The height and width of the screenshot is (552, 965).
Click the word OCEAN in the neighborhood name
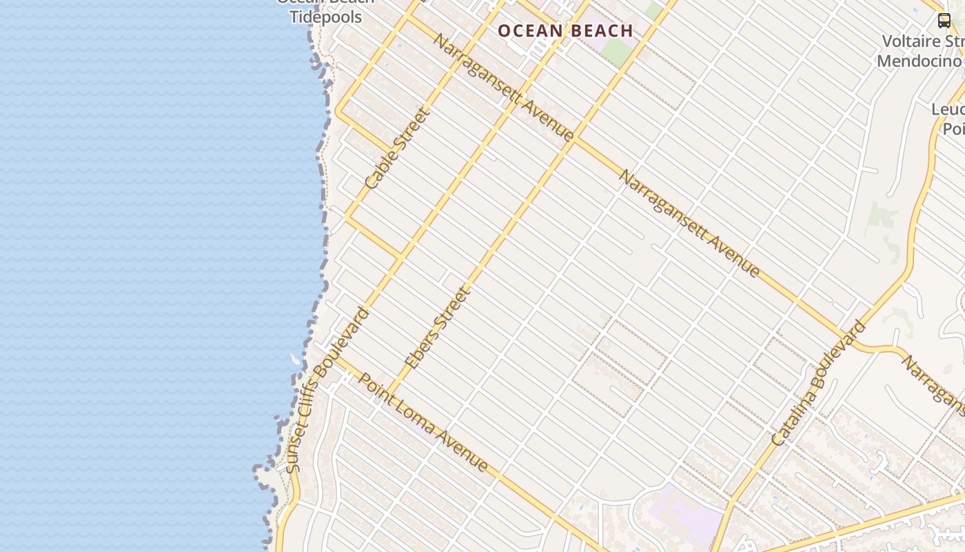click(x=530, y=31)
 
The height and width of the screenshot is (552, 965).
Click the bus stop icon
click(x=944, y=21)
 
